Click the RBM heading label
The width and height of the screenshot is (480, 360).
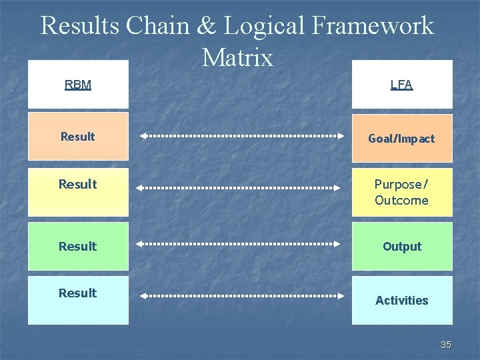pyautogui.click(x=78, y=85)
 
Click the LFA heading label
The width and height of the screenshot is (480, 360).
pyautogui.click(x=401, y=85)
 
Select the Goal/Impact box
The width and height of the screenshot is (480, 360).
pyautogui.click(x=401, y=139)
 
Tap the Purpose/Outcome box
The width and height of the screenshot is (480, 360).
pyautogui.click(x=401, y=192)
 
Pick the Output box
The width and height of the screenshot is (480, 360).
pyautogui.click(x=401, y=246)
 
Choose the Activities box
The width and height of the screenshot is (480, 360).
pyautogui.click(x=401, y=300)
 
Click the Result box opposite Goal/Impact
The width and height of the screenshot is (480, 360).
pyautogui.click(x=78, y=137)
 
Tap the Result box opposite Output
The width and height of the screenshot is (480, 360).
pyautogui.click(x=78, y=246)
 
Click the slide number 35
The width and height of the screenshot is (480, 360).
pyautogui.click(x=446, y=345)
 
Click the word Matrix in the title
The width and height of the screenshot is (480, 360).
pyautogui.click(x=237, y=58)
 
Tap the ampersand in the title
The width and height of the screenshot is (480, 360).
pyautogui.click(x=207, y=26)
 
